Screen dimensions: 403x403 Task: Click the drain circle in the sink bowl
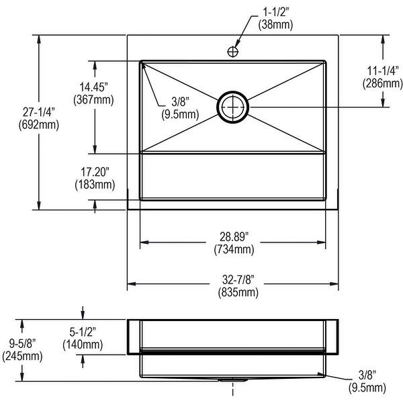coord(233,107)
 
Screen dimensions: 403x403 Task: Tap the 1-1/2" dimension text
coord(275,12)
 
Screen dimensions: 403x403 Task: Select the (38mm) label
coord(275,24)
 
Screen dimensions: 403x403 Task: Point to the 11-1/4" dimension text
coord(383,71)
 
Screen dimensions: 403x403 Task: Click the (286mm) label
coord(382,83)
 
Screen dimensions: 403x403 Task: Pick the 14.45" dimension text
coord(93,87)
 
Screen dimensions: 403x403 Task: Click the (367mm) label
coord(93,99)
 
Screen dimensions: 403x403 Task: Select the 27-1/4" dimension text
coord(39,112)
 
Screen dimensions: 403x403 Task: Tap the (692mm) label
coord(39,125)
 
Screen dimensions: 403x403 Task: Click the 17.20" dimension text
coord(95,172)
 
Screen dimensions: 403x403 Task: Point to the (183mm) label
coord(95,185)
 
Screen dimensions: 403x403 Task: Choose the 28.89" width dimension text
coord(234,236)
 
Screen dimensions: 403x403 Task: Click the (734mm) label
coord(234,249)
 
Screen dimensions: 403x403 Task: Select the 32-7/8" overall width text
coord(238,279)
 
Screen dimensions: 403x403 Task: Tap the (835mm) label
coord(238,292)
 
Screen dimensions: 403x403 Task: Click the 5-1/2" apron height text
coord(83,332)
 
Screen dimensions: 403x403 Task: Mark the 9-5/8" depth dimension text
coord(22,343)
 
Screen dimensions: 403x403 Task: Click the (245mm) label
coord(22,356)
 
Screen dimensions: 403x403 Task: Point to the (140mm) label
coord(83,345)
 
